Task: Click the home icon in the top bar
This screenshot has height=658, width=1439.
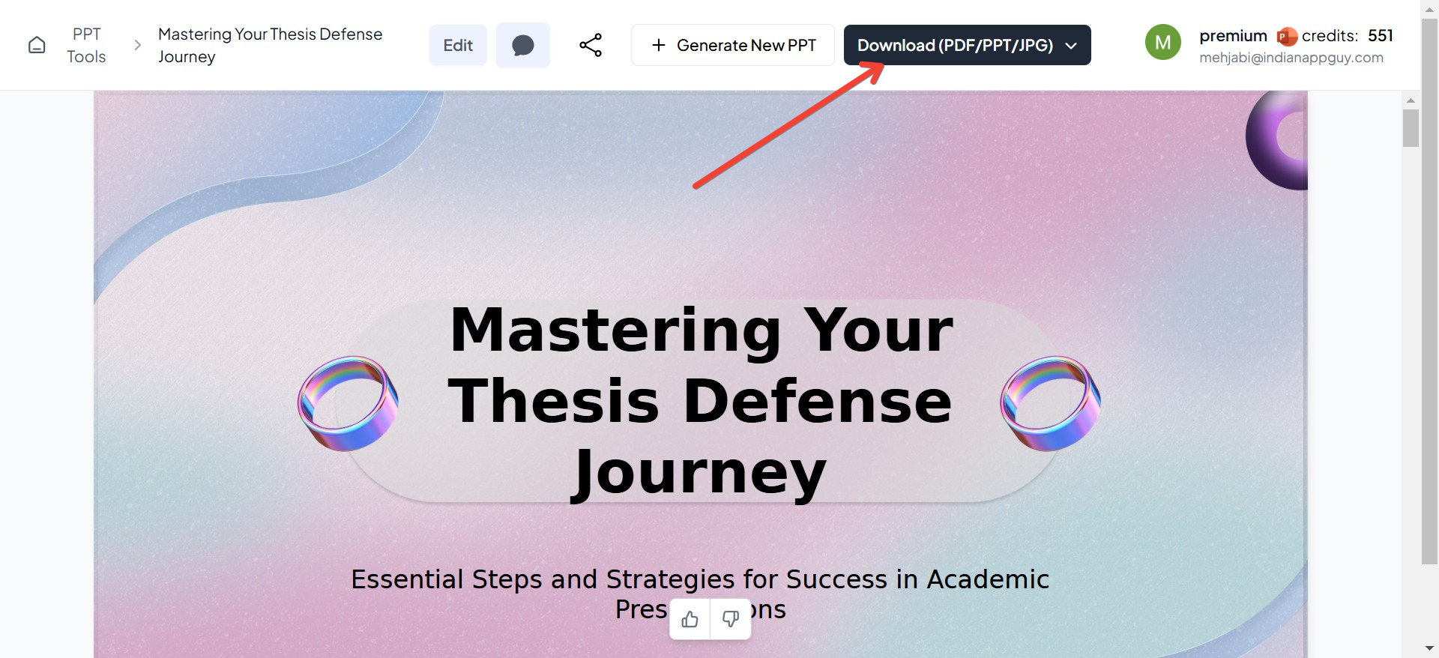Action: point(37,45)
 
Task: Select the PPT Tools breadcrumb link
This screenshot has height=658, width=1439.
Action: point(86,45)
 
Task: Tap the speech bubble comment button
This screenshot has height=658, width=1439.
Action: point(523,45)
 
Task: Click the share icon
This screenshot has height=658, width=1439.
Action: point(591,45)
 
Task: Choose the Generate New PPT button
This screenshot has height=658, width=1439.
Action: point(733,45)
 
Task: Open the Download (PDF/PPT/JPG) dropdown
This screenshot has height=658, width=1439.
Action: point(967,45)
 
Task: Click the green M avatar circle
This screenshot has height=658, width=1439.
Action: point(1163,42)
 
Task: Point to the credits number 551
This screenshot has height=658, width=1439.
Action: point(1381,35)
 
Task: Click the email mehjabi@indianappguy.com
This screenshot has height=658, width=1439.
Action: point(1291,58)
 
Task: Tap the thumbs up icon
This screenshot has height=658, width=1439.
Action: point(690,619)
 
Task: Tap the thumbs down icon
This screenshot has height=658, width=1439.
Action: point(731,619)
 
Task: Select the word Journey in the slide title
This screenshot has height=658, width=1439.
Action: point(699,474)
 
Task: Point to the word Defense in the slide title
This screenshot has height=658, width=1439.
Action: point(818,401)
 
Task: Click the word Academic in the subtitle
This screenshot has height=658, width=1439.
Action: point(988,579)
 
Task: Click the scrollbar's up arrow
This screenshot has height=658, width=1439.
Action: point(1411,100)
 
